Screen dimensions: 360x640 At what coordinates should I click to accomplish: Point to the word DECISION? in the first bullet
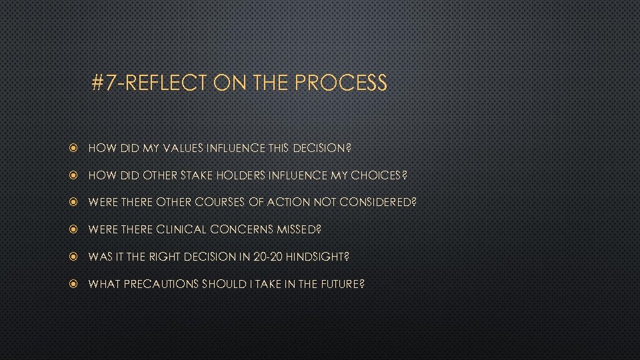tap(323, 148)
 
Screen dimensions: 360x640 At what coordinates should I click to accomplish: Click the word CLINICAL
tap(181, 229)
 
